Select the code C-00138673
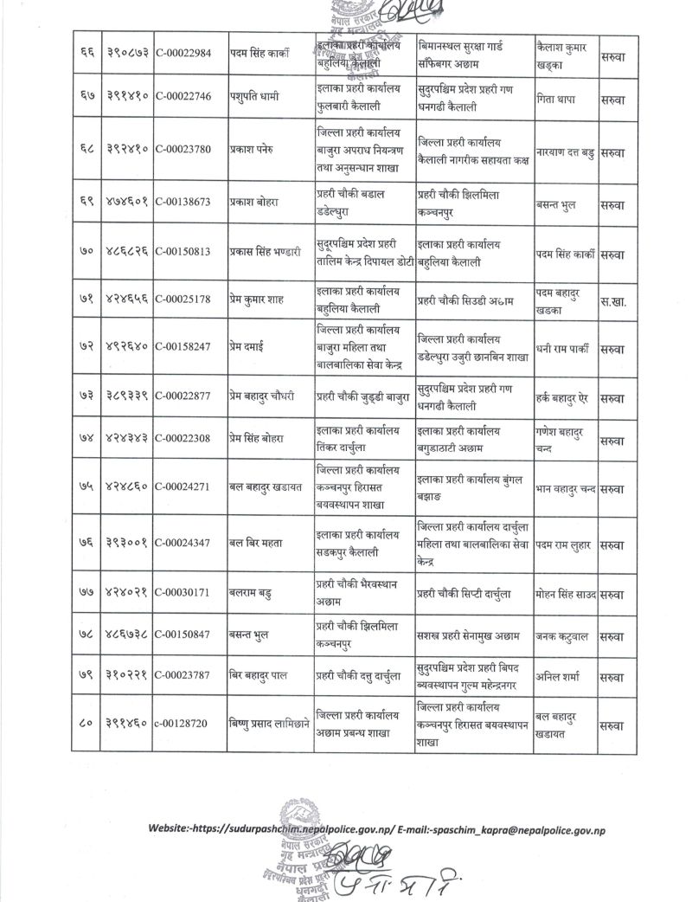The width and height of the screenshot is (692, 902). (189, 204)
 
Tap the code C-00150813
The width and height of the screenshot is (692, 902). (189, 254)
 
